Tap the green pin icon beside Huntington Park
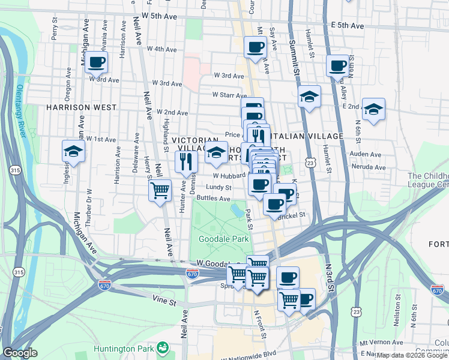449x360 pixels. [162, 347]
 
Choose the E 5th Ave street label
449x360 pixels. [348, 26]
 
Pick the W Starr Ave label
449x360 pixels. [229, 95]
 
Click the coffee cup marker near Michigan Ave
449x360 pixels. [96, 61]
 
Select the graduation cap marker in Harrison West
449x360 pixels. [73, 152]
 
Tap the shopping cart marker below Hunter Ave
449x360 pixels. [160, 190]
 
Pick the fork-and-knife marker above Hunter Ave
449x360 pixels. [186, 161]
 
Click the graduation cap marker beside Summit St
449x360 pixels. [309, 96]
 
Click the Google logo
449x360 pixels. [20, 353]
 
